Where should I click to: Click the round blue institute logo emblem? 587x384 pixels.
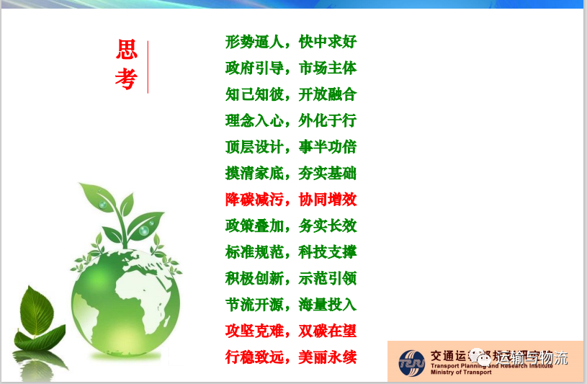pos(413,361)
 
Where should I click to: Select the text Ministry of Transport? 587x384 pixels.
pos(460,372)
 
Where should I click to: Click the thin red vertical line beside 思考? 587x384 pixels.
pos(148,67)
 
